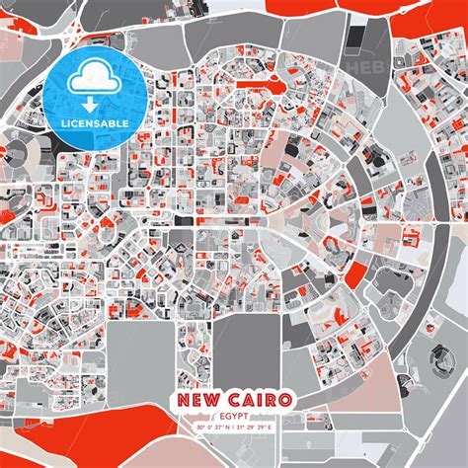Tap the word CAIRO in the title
(x=258, y=373)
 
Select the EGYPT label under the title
(x=234, y=390)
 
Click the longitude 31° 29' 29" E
(x=260, y=401)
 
